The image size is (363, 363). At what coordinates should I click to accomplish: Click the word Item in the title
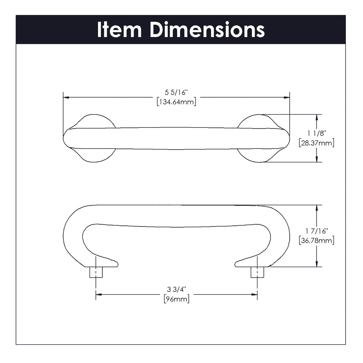119,30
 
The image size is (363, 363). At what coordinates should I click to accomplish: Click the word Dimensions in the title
207,30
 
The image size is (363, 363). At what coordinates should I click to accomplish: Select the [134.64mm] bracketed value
176,102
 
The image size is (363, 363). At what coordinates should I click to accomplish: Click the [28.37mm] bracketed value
316,143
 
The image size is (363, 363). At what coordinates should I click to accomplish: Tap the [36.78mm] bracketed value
316,240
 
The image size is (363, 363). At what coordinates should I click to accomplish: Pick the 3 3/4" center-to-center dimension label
176,290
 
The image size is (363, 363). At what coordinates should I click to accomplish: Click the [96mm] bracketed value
176,299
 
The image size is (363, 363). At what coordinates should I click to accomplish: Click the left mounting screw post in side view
95,272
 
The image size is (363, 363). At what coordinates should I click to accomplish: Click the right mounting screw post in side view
257,272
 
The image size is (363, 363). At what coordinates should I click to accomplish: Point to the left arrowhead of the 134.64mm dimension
66,97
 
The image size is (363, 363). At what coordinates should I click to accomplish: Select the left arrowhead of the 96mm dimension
98,294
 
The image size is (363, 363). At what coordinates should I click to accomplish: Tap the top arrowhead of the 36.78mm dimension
317,208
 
